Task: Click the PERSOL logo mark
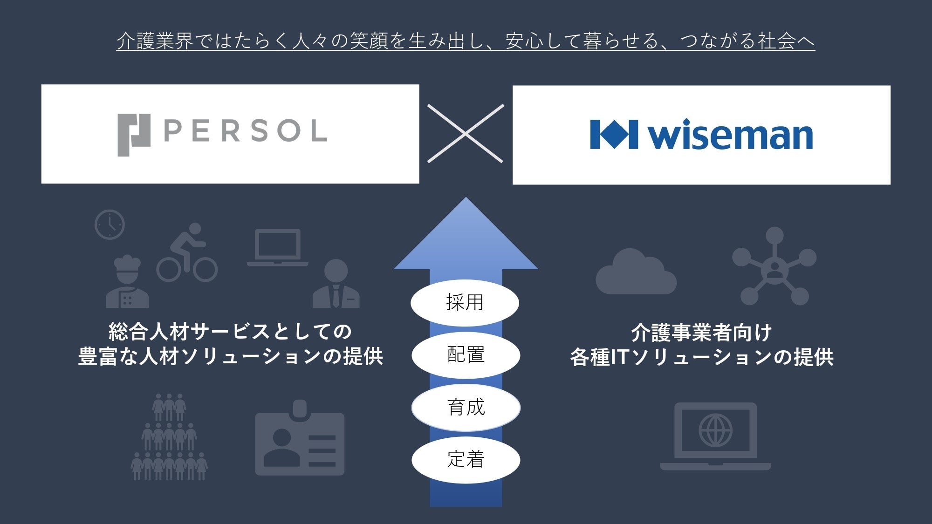[134, 135]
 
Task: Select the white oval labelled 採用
[465, 303]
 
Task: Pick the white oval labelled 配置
[466, 355]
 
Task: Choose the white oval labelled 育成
[466, 408]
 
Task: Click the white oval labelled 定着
[466, 460]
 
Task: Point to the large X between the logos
[466, 134]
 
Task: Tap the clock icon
[110, 225]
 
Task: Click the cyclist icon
[187, 253]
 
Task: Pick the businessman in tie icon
[336, 284]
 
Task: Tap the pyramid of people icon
[169, 438]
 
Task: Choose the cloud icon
[635, 273]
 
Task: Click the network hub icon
[774, 266]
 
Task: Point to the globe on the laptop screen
[715, 430]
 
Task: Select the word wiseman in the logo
[730, 135]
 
